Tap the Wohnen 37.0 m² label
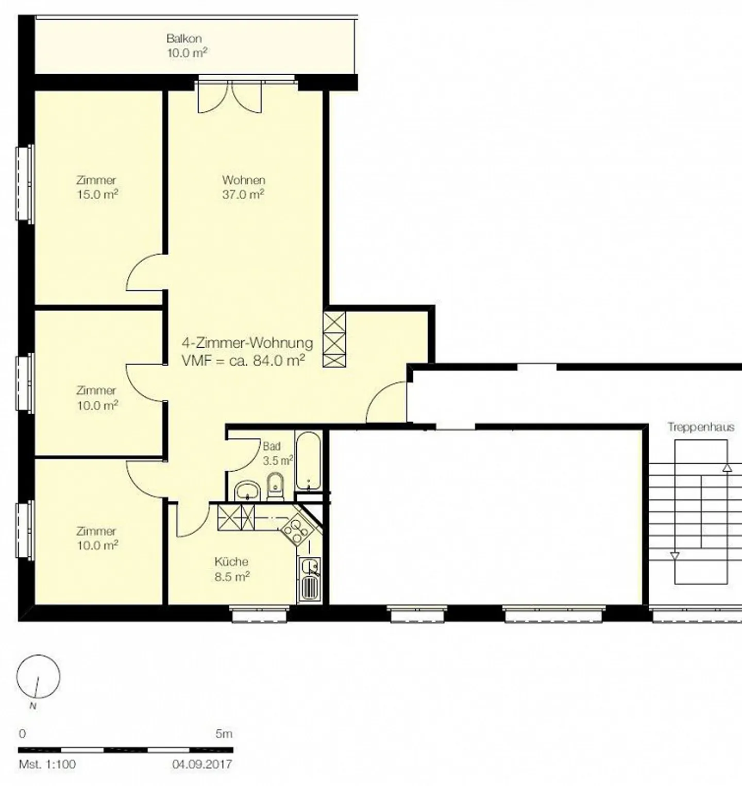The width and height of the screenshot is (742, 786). coord(243,187)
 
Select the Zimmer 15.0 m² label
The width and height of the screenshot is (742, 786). coord(97,187)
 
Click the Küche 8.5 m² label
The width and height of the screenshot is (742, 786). coord(232,569)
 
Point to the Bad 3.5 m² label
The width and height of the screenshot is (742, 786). coord(278,453)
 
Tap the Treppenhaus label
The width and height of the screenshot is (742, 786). coord(701,427)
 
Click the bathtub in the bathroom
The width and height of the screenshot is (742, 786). coord(308,461)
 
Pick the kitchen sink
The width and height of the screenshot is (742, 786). coord(309,579)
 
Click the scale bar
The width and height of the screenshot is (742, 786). coord(126,750)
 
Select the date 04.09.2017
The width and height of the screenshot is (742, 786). coord(202,764)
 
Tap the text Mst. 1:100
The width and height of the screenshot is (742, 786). coord(47,764)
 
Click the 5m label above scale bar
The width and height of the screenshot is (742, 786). coord(224,733)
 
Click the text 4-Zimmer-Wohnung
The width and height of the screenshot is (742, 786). coord(247,343)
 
